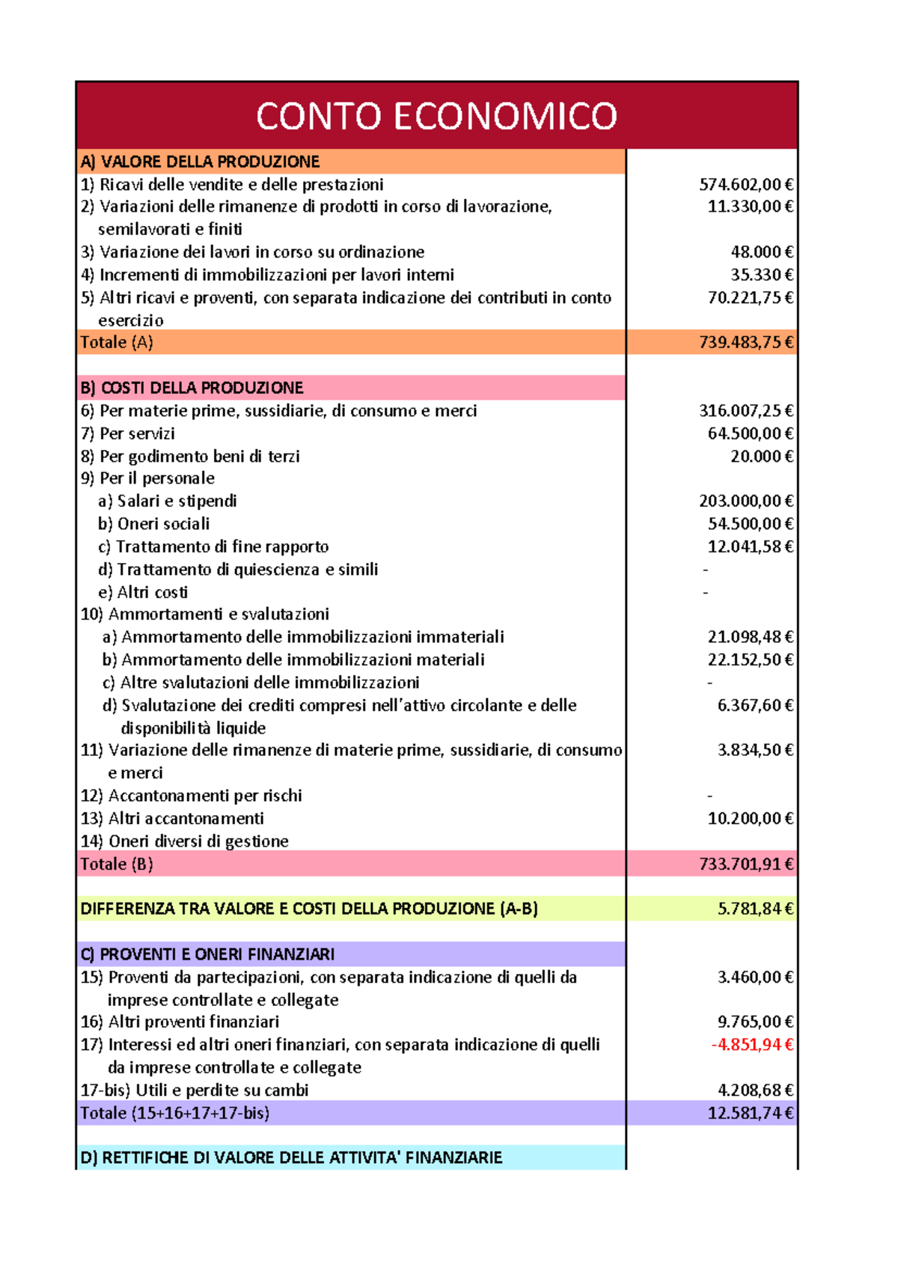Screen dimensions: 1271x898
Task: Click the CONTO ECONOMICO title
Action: pyautogui.click(x=436, y=116)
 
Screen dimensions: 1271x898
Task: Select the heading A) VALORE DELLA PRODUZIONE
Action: pyautogui.click(x=200, y=162)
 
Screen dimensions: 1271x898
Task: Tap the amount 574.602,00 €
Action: pyautogui.click(x=745, y=184)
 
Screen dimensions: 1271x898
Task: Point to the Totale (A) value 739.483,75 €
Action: pyautogui.click(x=745, y=342)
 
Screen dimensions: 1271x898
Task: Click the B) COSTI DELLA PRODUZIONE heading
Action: pyautogui.click(x=192, y=388)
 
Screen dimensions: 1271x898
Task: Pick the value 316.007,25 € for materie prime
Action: pyautogui.click(x=745, y=410)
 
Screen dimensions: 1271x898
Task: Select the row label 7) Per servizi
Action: pyautogui.click(x=128, y=433)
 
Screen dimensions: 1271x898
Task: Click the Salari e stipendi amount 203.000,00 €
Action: pyautogui.click(x=745, y=501)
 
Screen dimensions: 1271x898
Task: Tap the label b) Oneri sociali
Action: pyautogui.click(x=153, y=524)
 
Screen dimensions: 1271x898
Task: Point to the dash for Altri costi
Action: pyautogui.click(x=706, y=592)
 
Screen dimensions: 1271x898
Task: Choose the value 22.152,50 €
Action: pyautogui.click(x=750, y=659)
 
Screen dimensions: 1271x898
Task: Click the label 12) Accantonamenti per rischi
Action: pyautogui.click(x=192, y=796)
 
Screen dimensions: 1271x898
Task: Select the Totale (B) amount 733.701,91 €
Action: pyautogui.click(x=745, y=864)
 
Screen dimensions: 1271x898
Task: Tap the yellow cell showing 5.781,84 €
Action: pyautogui.click(x=754, y=909)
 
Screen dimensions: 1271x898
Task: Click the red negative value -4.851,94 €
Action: pyautogui.click(x=751, y=1044)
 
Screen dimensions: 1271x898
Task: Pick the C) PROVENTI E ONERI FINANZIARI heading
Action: pyautogui.click(x=207, y=954)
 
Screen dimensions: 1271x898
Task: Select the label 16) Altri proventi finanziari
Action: pyautogui.click(x=180, y=1022)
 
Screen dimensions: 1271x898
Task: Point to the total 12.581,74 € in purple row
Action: pyautogui.click(x=750, y=1113)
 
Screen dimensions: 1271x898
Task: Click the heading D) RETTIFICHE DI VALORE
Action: pyautogui.click(x=291, y=1158)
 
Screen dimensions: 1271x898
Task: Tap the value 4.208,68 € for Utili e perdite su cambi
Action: pyautogui.click(x=754, y=1090)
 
